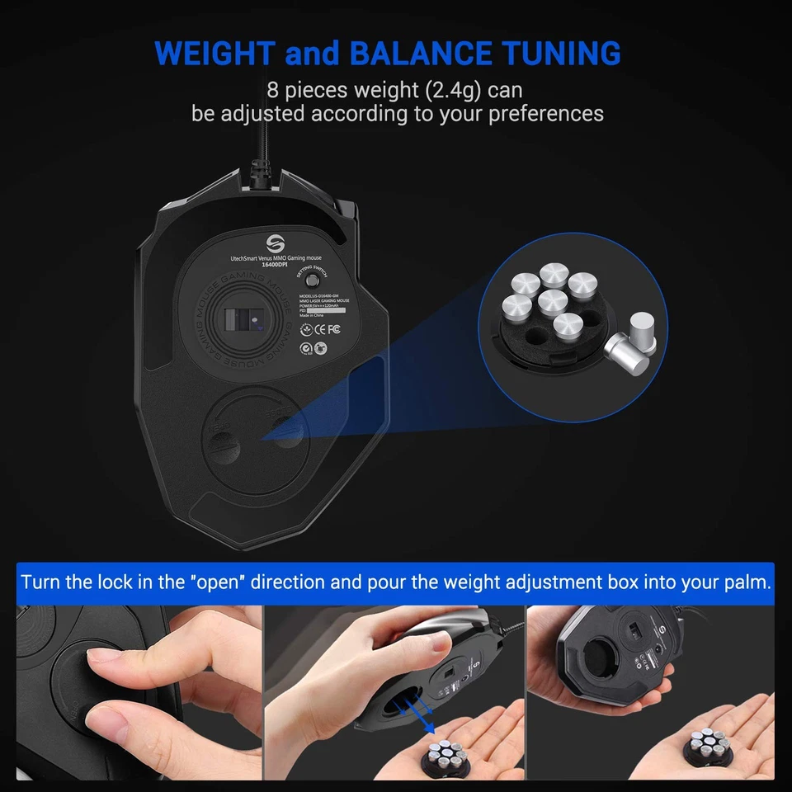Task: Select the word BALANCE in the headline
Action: (420, 54)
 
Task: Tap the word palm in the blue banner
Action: (744, 582)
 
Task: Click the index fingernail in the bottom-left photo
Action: (105, 658)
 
